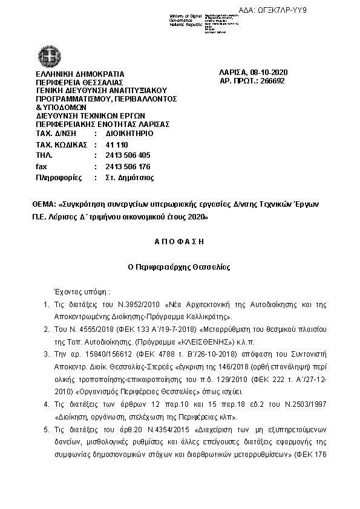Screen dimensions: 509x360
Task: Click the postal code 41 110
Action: (x=117, y=145)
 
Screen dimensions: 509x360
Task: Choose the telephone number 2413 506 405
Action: (x=128, y=155)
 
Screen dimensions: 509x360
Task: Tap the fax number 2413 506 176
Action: (x=128, y=166)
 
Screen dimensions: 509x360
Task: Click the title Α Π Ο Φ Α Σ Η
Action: (x=180, y=241)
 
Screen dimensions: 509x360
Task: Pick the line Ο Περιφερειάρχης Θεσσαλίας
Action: (x=179, y=267)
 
